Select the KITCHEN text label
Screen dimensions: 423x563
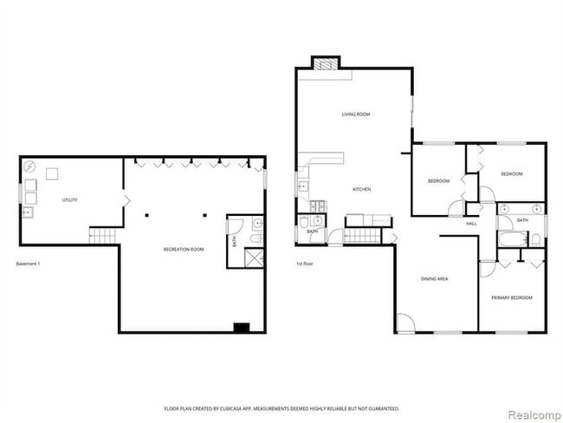(362, 189)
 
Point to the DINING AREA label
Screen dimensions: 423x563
(434, 279)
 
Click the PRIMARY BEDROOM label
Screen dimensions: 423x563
(511, 297)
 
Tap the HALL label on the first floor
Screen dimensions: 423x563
(471, 224)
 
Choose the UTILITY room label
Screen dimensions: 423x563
(69, 200)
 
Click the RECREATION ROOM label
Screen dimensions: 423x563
(184, 250)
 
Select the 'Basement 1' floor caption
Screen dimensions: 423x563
(30, 264)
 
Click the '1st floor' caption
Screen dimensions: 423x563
(305, 264)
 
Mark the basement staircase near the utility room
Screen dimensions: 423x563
(102, 234)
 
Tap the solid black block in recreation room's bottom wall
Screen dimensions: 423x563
(241, 327)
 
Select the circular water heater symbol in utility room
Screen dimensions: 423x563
(29, 168)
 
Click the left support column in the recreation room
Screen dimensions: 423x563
(147, 214)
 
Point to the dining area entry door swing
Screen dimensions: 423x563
(404, 322)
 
